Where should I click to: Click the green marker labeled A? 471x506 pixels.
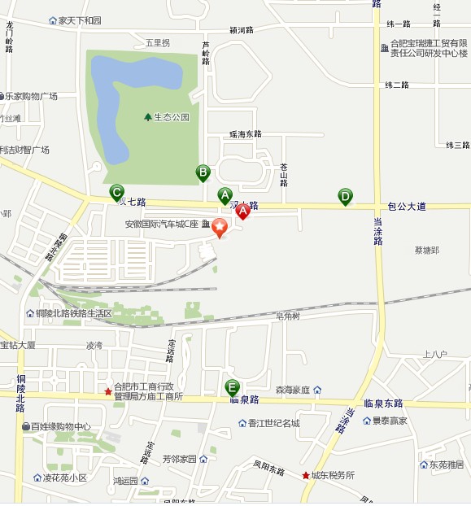[x=225, y=195]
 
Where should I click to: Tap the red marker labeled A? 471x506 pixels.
[x=242, y=212]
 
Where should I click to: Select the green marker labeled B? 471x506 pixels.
[x=203, y=172]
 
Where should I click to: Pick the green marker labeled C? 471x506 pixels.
[x=117, y=192]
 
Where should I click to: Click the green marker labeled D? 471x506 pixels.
[x=346, y=196]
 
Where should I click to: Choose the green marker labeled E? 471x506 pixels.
[x=233, y=387]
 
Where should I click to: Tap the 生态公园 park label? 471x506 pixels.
[x=171, y=117]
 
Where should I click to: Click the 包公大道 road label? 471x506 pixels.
[x=407, y=207]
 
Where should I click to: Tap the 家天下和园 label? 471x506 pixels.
[x=79, y=20]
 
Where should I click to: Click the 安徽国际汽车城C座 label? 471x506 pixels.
[x=162, y=224]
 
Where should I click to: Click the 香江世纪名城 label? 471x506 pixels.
[x=274, y=423]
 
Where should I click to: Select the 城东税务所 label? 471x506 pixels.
[x=333, y=475]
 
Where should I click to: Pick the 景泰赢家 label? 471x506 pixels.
[x=390, y=421]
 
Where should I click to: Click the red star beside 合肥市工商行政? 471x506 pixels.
[x=108, y=392]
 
